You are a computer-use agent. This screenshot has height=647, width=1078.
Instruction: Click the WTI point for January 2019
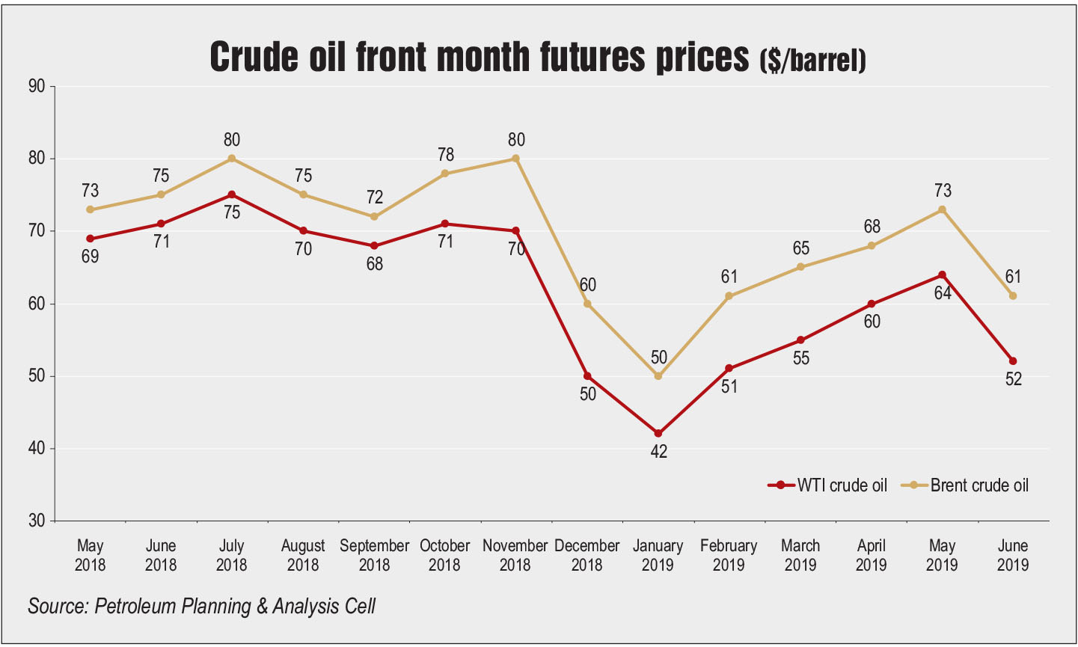coord(658,434)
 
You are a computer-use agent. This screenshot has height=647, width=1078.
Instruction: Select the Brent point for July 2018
coord(232,159)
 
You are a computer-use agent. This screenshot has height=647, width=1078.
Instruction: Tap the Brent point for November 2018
coord(516,159)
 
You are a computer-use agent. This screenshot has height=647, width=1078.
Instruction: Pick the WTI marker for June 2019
coord(1013,361)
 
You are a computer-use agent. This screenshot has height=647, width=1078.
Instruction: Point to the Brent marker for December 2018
coord(587,304)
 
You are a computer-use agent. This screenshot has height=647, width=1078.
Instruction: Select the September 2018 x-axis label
coord(374,554)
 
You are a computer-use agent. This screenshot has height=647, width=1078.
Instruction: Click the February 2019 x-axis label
coord(729,554)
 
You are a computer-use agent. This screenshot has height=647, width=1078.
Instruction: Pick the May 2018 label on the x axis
coord(90,554)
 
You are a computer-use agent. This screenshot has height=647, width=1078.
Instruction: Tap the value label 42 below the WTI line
coord(658,452)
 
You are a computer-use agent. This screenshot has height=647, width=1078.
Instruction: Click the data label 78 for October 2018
coord(445,155)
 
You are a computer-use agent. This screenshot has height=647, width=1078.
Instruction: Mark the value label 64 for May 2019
coord(942,294)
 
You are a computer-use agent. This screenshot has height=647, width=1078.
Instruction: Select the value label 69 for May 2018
coord(90,257)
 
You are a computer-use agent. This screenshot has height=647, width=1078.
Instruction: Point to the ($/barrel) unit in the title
coord(812,60)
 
